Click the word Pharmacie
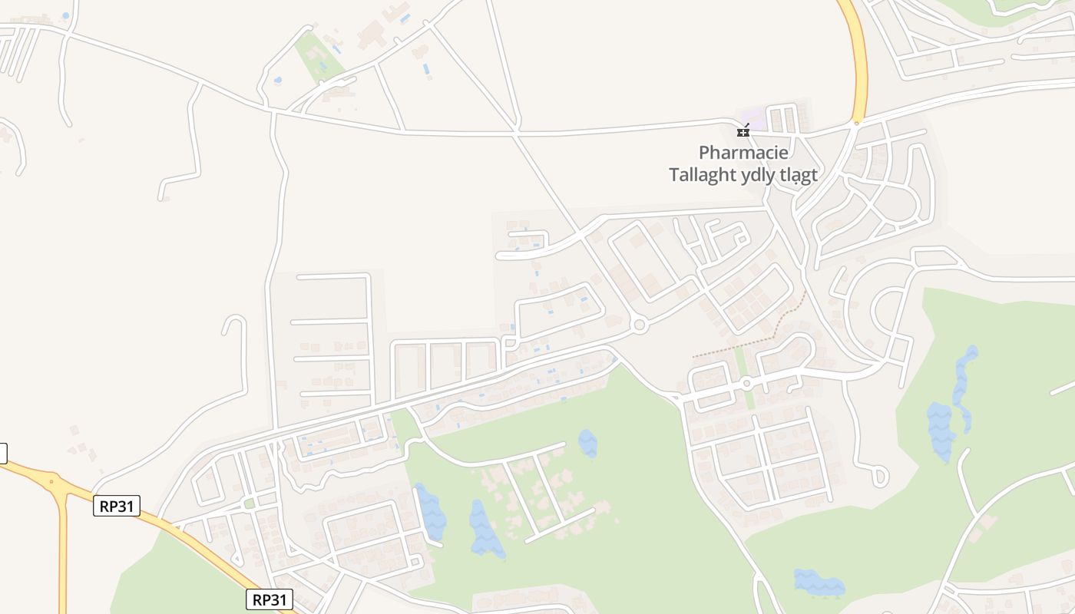click(743, 153)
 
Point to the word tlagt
click(799, 175)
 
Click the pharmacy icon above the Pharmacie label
click(743, 131)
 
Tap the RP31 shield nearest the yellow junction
click(116, 506)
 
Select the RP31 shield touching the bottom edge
click(270, 599)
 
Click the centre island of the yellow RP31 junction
click(52, 483)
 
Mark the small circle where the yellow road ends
click(857, 121)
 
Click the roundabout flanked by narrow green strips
click(746, 383)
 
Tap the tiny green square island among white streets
click(249, 503)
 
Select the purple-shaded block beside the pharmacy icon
click(753, 119)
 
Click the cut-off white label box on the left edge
click(2, 453)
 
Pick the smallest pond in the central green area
click(587, 444)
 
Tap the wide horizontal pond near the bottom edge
click(819, 583)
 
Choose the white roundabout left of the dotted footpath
click(640, 326)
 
